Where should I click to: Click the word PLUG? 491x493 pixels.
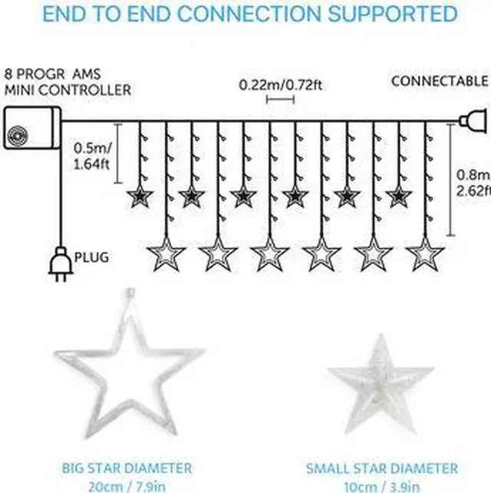[91, 256]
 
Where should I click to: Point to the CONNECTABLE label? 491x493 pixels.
[440, 81]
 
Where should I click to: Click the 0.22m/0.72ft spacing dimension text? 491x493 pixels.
[280, 84]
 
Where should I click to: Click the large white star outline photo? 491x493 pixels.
[130, 360]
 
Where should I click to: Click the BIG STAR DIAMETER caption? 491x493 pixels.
[127, 468]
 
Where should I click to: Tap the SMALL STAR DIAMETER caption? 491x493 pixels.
[381, 468]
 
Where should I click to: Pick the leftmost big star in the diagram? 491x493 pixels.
[166, 253]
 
